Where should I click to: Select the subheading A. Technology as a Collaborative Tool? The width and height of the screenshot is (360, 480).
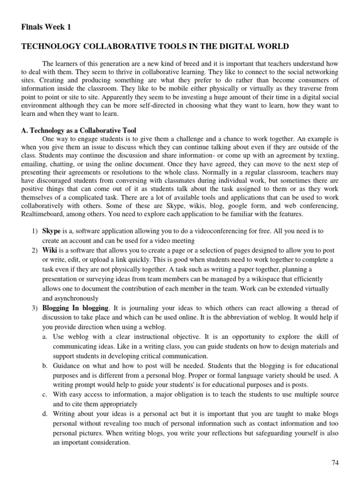[79, 130]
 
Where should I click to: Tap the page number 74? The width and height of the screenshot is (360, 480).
[335, 463]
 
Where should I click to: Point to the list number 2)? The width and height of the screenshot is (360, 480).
[35, 250]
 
